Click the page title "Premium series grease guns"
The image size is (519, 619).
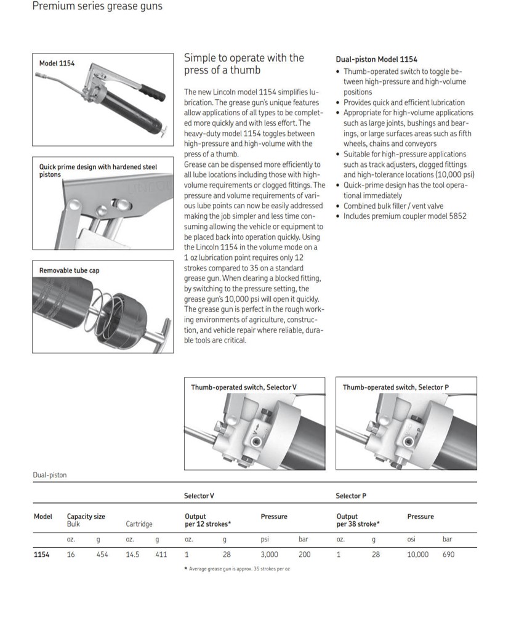97,7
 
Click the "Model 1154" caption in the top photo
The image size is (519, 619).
57,63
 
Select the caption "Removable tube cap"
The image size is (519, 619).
69,270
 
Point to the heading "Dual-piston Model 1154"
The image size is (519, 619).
376,60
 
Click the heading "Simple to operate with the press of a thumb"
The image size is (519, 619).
244,63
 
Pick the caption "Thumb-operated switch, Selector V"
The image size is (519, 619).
243,387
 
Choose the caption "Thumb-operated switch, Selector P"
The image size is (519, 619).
395,387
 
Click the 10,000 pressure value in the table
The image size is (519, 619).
417,554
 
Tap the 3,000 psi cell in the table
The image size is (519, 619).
269,554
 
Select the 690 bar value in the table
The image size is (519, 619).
449,554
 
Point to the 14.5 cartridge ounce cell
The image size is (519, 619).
132,554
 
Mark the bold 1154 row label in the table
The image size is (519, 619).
41,554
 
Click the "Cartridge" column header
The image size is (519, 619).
139,524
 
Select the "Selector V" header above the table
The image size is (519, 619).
199,496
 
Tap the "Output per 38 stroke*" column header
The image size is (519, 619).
358,520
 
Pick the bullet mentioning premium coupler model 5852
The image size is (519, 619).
404,216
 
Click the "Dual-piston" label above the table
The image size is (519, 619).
49,475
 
